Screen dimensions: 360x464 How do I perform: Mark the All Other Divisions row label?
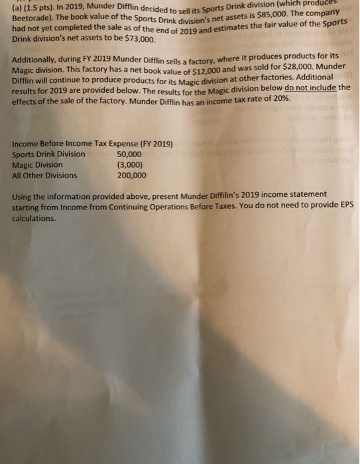point(44,176)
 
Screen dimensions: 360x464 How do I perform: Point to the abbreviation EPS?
point(345,206)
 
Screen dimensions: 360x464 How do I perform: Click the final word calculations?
point(33,217)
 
